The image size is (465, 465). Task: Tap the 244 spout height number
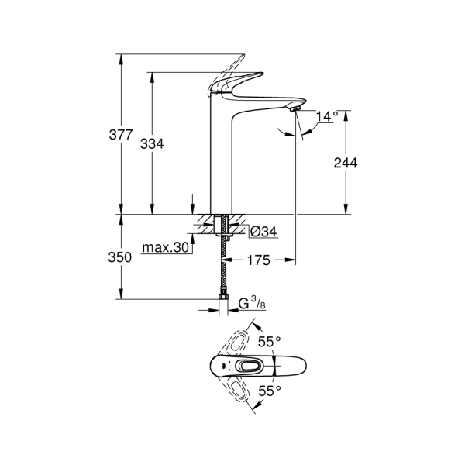pyautogui.click(x=345, y=163)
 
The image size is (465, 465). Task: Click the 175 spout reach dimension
pyautogui.click(x=258, y=261)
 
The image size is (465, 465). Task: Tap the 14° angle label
pyautogui.click(x=327, y=116)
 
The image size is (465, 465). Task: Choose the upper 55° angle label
pyautogui.click(x=269, y=342)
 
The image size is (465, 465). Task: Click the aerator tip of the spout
pyautogui.click(x=293, y=111)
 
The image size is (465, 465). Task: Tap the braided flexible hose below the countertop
pyautogui.click(x=223, y=263)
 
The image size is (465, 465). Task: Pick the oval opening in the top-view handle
pyautogui.click(x=250, y=367)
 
